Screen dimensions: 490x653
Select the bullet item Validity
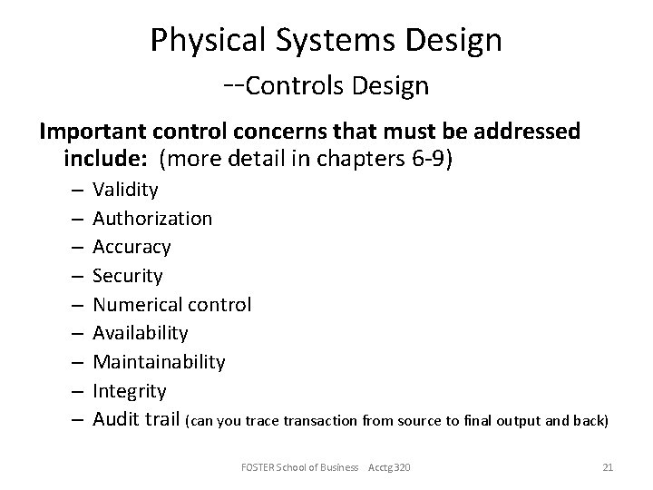click(x=125, y=190)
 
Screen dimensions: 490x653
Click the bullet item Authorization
click(x=152, y=219)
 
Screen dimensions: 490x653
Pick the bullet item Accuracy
click(x=132, y=247)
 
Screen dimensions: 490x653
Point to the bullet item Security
click(x=128, y=276)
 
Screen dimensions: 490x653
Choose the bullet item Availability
click(x=141, y=333)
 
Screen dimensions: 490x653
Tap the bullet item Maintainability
click(x=159, y=362)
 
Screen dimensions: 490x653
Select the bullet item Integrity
click(x=130, y=391)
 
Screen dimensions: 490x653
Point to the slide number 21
click(x=609, y=466)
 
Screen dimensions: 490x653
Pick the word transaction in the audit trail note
click(x=322, y=421)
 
